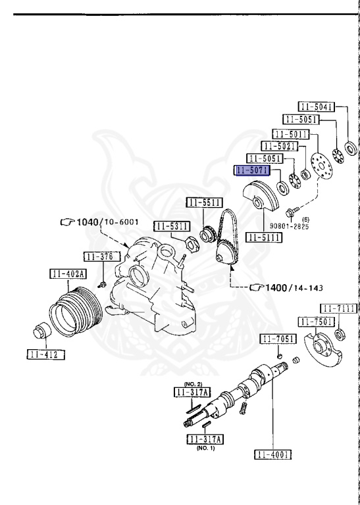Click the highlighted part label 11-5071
[253, 170]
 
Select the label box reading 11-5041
[316, 107]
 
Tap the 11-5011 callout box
[291, 134]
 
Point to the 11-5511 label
[204, 203]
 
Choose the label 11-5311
[172, 226]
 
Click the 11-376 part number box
[102, 256]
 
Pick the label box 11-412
[46, 354]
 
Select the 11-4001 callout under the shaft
[272, 454]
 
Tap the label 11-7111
[339, 308]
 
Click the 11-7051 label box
[278, 339]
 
